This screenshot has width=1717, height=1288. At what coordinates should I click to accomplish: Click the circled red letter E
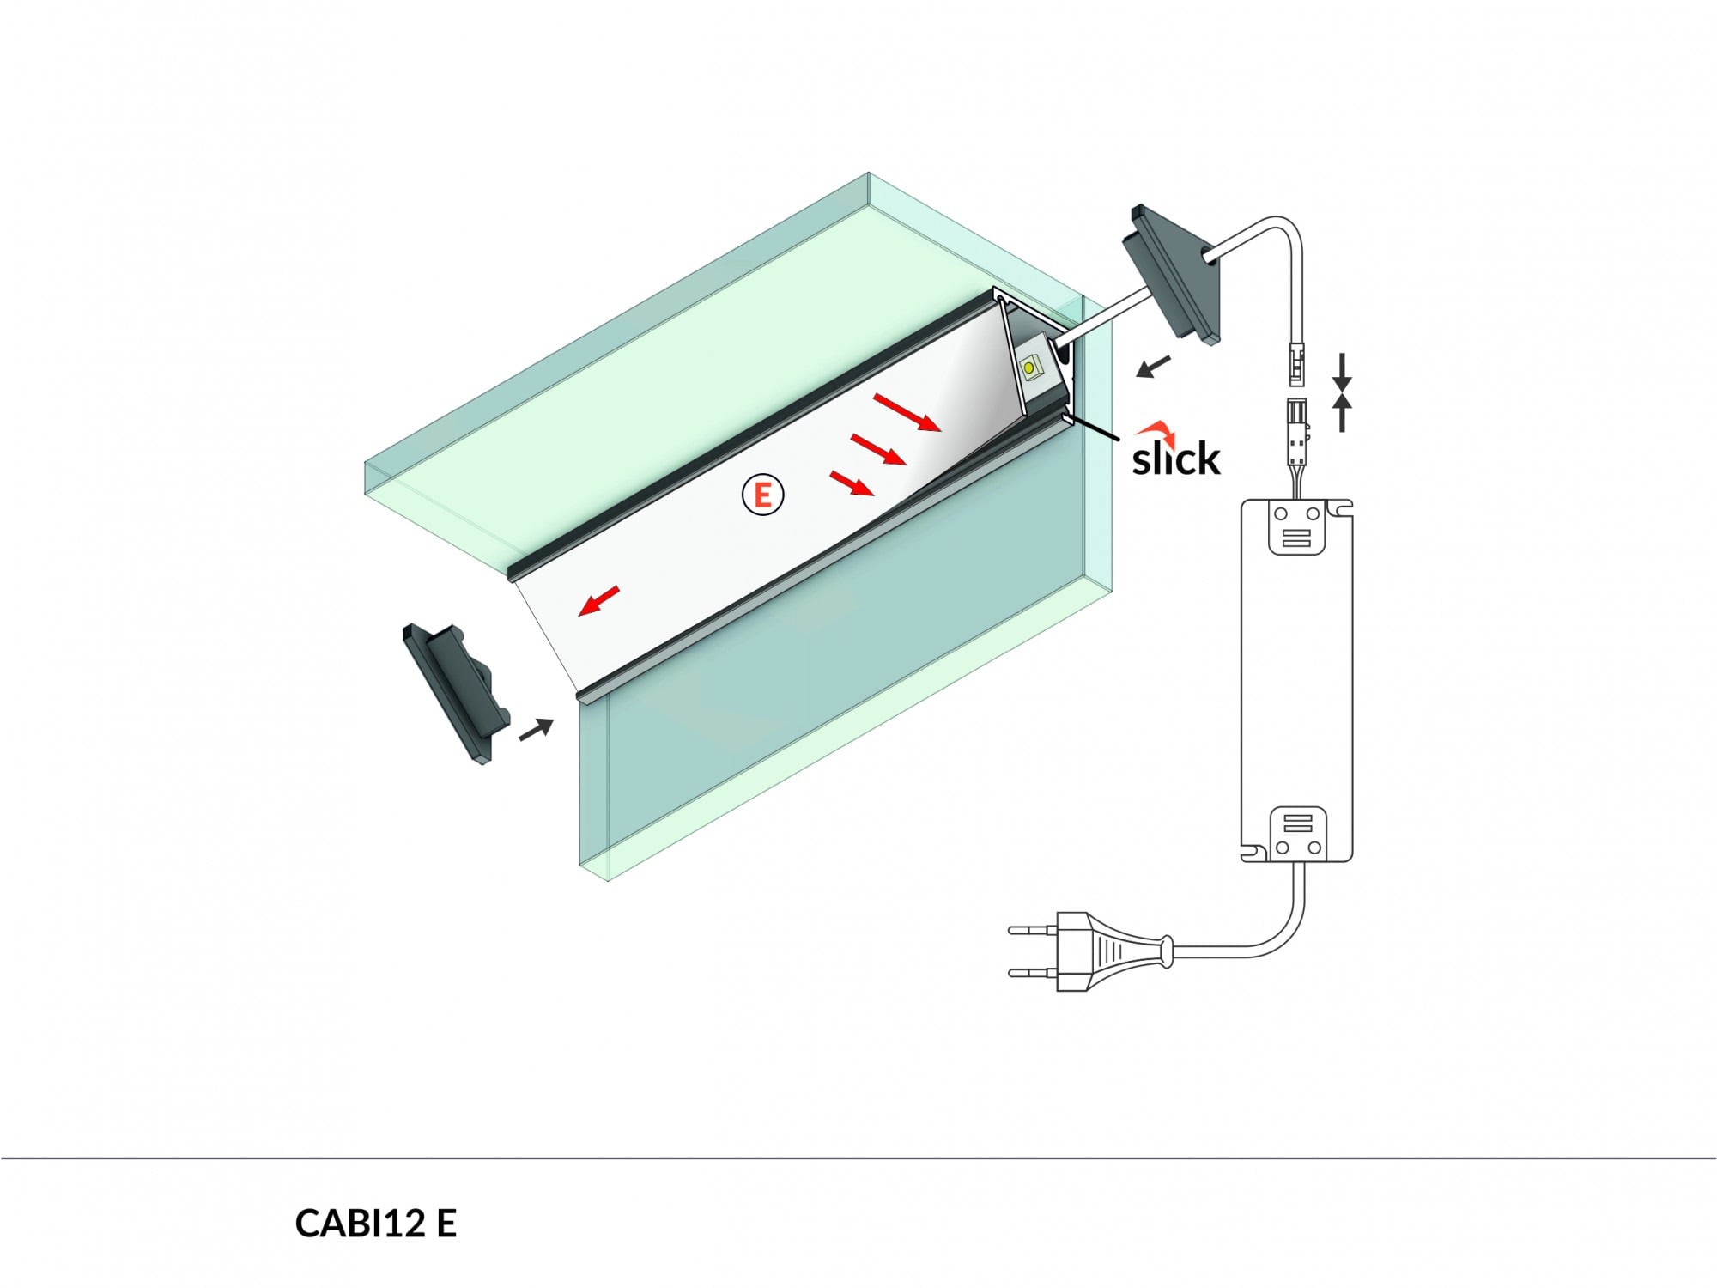point(762,495)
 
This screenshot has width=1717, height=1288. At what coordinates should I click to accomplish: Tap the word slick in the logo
point(1175,459)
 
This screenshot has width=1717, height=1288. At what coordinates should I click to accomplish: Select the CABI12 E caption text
point(375,1223)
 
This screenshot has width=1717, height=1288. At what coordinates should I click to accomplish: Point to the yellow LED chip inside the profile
point(1028,368)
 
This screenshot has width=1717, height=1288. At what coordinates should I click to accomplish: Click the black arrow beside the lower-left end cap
point(536,730)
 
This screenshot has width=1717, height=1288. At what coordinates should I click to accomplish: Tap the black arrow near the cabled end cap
point(1152,367)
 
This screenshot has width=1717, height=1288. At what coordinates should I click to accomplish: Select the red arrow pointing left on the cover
point(598,600)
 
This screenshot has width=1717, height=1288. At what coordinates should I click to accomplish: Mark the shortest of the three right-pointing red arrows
point(852,483)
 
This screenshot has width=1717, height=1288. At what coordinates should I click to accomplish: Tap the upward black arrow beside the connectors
point(1343,412)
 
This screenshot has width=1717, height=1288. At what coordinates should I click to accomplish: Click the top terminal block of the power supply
point(1296,527)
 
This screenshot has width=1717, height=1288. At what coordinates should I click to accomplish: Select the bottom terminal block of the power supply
point(1296,834)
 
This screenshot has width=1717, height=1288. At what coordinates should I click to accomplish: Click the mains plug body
point(1107,951)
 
